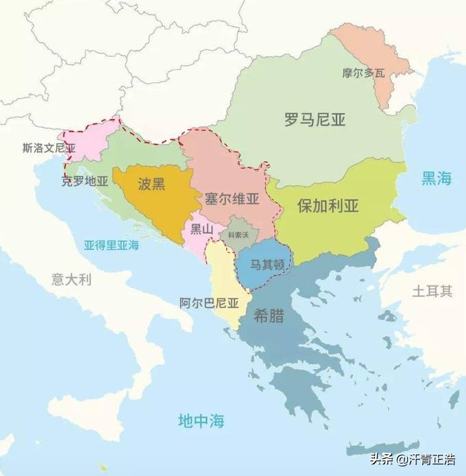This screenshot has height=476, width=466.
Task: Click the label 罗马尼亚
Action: pos(315,120)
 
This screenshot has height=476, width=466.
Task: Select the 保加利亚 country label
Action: pos(328,206)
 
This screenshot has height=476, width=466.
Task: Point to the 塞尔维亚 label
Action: pos(232,200)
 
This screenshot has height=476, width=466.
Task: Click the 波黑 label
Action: pos(151,183)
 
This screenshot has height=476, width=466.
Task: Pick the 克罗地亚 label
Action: pos(85,182)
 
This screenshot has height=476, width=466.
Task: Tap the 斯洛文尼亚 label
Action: pos(49,147)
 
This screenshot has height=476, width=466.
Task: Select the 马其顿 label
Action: pos(263,263)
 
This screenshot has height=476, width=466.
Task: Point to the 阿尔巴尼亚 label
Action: pos(209,302)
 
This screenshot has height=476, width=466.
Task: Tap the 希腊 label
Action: pos(269,317)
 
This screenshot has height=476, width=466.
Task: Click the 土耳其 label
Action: pos(432,291)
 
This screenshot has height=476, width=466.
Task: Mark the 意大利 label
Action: pos(71,279)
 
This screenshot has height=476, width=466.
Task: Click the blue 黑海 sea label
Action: pos(436,179)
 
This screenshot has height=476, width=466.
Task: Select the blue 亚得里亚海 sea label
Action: pos(111,245)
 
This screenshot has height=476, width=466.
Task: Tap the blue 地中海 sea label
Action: pos(201,420)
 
